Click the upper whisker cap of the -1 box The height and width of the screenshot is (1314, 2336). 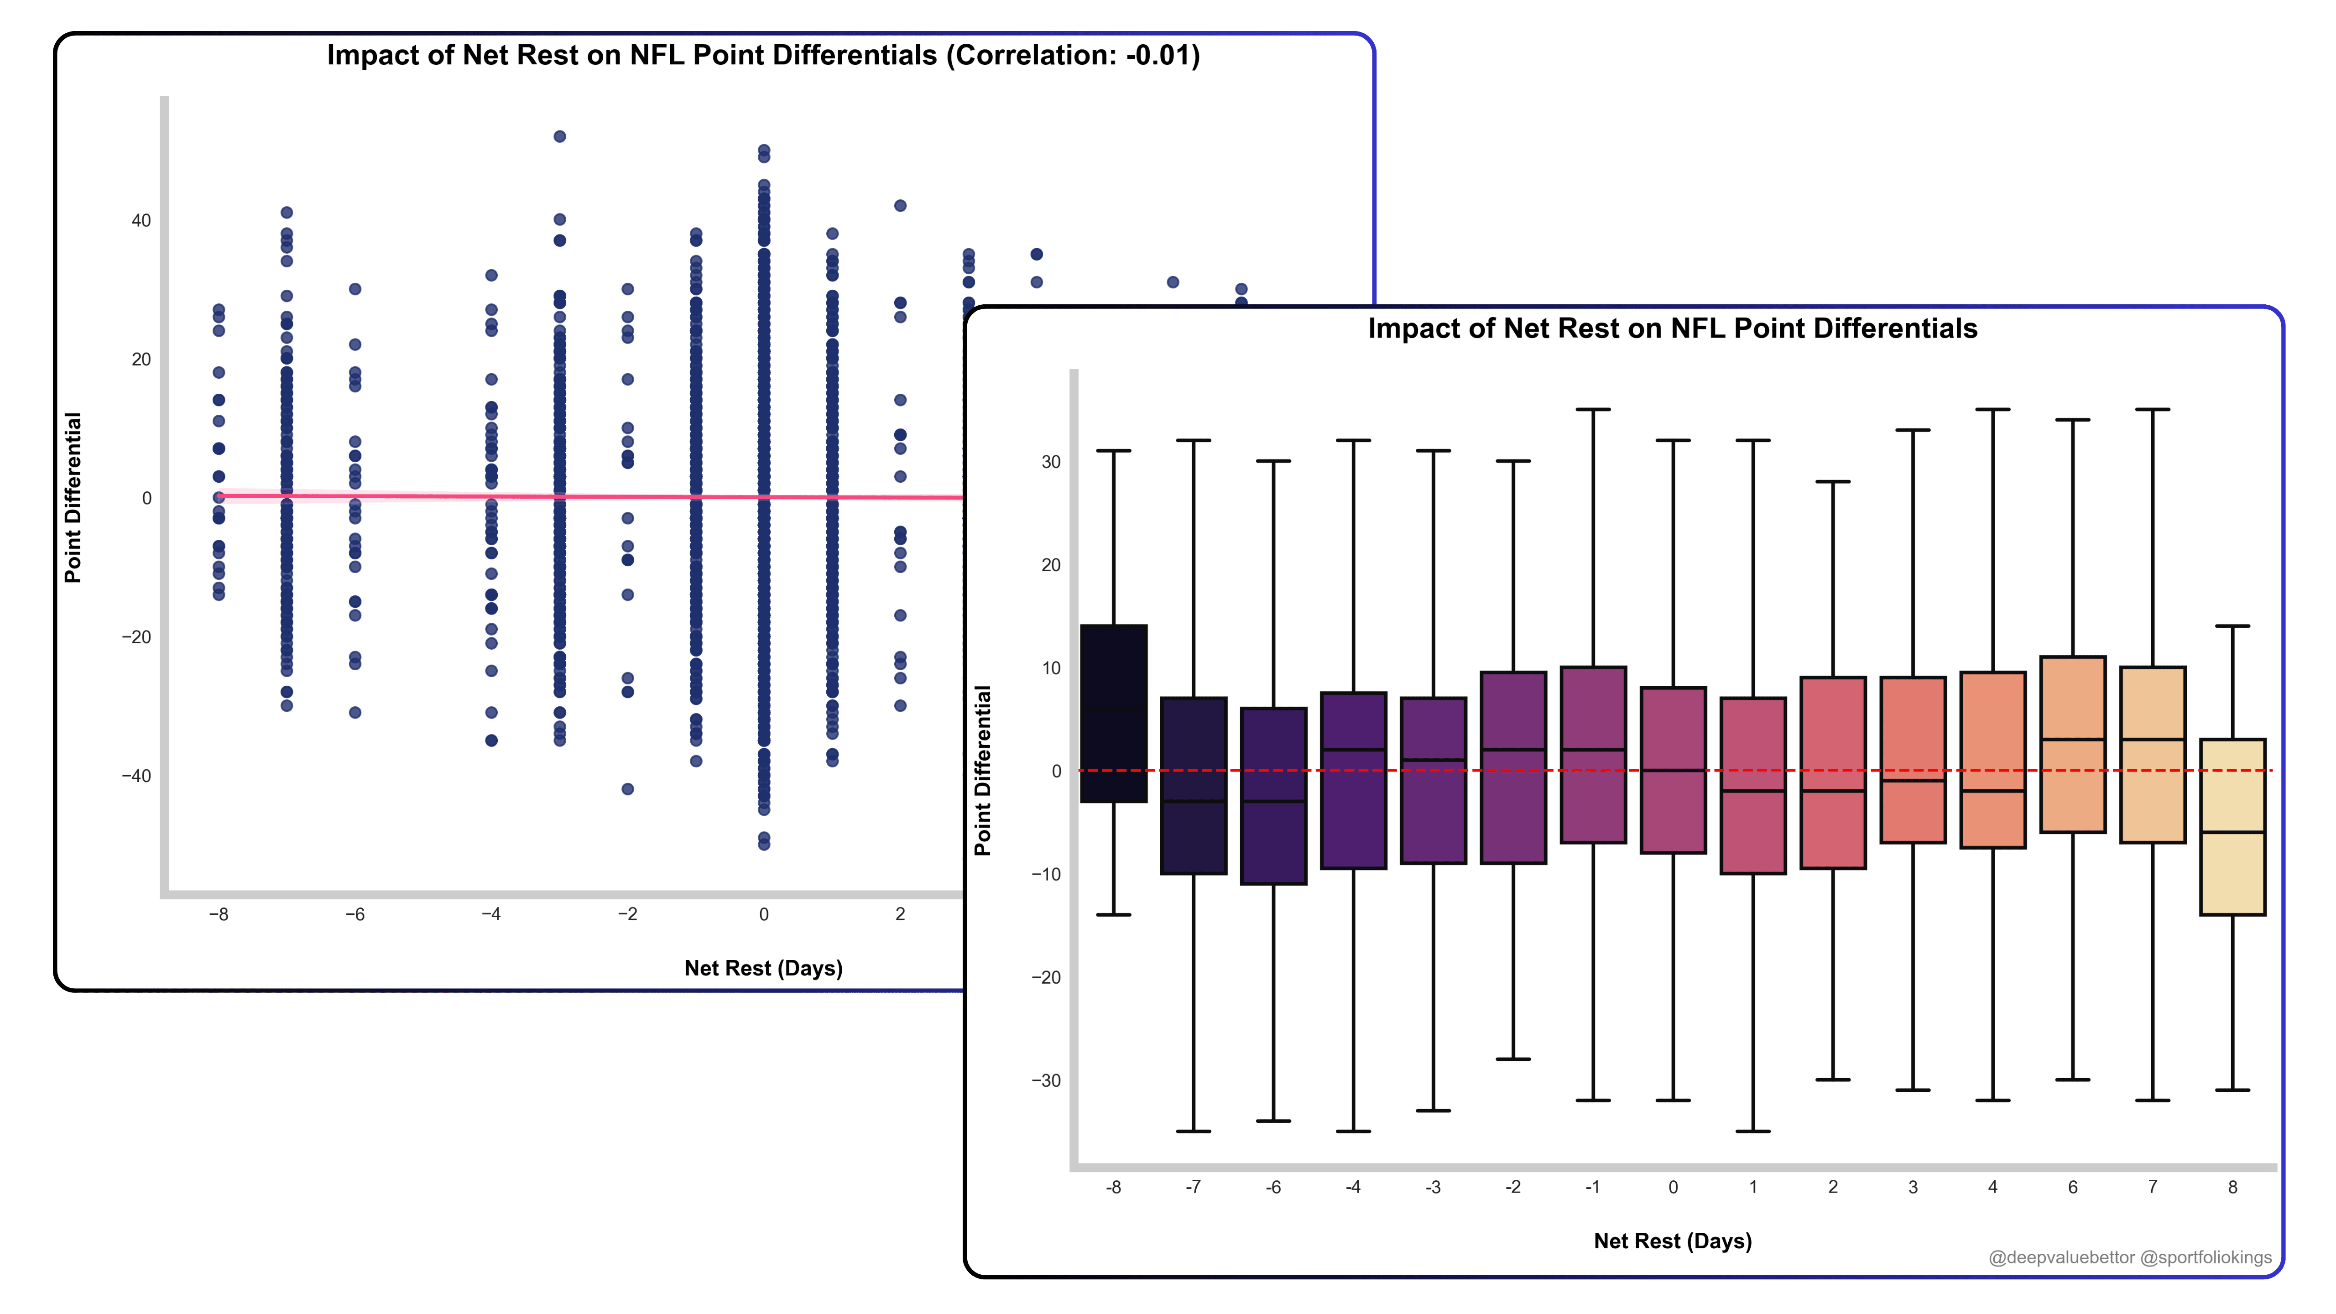1593,410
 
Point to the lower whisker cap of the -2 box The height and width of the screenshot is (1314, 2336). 1513,1059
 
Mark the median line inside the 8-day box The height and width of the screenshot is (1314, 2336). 2232,833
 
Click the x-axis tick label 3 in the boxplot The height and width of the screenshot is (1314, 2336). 1913,1187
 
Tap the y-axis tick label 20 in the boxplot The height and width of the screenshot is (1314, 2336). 1050,565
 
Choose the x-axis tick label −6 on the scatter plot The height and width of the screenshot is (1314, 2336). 355,914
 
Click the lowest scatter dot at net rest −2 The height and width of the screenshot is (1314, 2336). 627,789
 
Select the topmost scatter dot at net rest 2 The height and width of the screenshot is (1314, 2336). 901,206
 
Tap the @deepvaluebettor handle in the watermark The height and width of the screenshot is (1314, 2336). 2061,1258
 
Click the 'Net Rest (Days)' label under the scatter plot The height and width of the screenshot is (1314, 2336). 764,969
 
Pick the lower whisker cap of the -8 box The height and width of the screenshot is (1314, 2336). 1114,915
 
